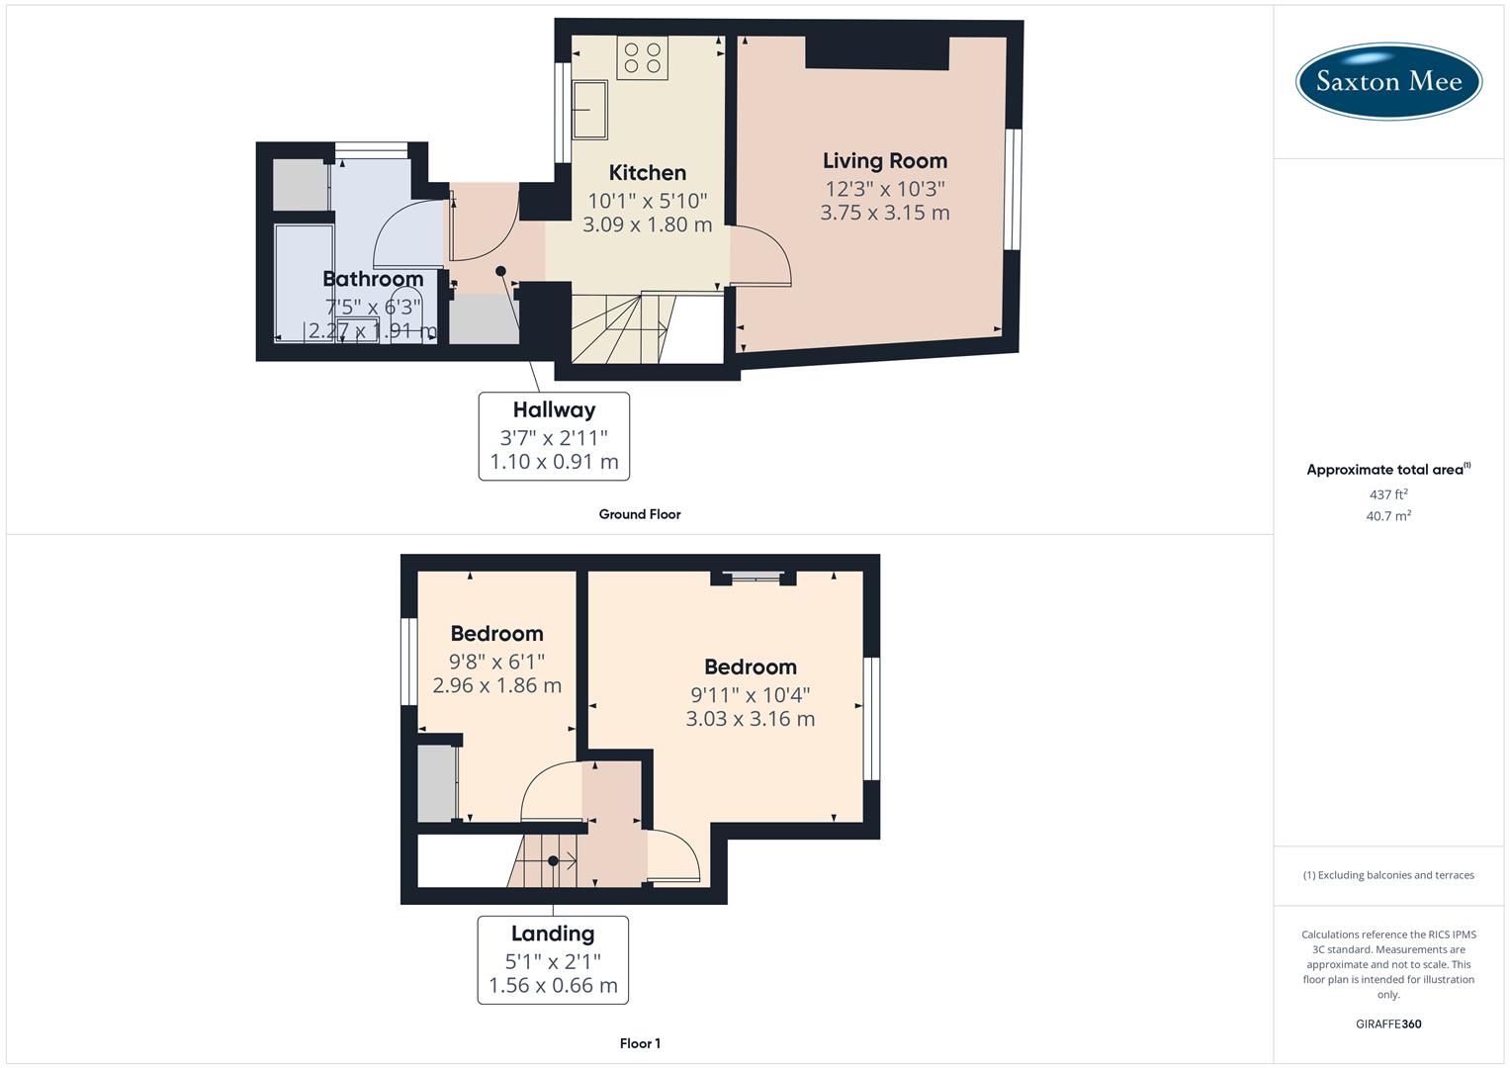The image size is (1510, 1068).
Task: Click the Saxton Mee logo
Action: pos(1388,81)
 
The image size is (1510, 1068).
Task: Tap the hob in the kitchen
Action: pos(642,58)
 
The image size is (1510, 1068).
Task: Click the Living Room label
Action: pos(884,161)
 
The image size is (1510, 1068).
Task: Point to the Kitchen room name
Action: pos(647,173)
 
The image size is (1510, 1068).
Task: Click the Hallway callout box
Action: pos(554,436)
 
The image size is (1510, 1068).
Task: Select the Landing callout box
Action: pos(553,959)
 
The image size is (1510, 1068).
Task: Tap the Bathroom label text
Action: pos(373,279)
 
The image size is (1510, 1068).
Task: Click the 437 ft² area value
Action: pos(1388,494)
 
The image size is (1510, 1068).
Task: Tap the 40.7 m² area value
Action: pos(1388,516)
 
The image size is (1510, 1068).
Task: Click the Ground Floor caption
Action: pos(640,514)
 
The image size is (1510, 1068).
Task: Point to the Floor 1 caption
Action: pos(640,1043)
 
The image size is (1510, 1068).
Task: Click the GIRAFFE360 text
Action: pos(1388,1024)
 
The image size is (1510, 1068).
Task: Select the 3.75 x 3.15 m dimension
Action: pos(884,213)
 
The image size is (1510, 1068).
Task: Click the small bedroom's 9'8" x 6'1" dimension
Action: pos(496,662)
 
